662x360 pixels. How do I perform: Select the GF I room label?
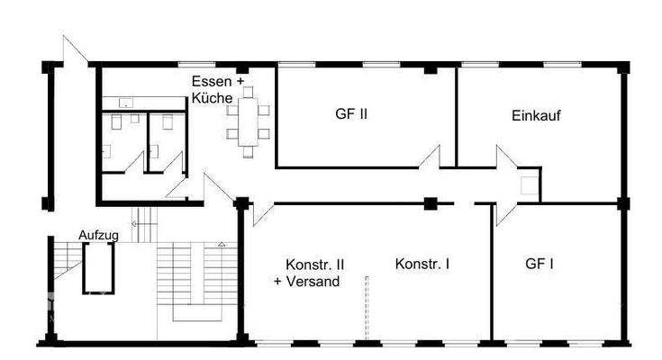click(x=539, y=265)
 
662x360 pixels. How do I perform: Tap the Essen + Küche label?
click(x=213, y=88)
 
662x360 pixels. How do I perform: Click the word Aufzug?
click(x=99, y=234)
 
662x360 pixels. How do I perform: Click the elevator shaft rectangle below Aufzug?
click(x=98, y=268)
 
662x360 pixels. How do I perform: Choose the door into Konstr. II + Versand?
click(x=261, y=212)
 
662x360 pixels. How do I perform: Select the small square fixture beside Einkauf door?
click(x=529, y=185)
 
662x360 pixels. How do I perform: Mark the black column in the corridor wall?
click(x=431, y=203)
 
